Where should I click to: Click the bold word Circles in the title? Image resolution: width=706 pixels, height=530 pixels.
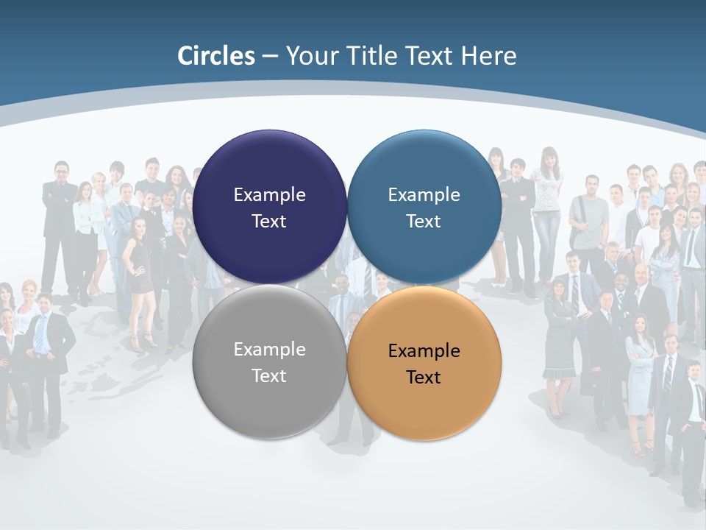click(215, 56)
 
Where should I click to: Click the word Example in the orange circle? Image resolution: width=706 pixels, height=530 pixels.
click(424, 350)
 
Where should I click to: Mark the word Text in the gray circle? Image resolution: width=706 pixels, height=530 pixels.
click(269, 375)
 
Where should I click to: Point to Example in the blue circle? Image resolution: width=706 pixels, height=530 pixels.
click(424, 194)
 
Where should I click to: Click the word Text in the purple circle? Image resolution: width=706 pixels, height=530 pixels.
click(269, 221)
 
